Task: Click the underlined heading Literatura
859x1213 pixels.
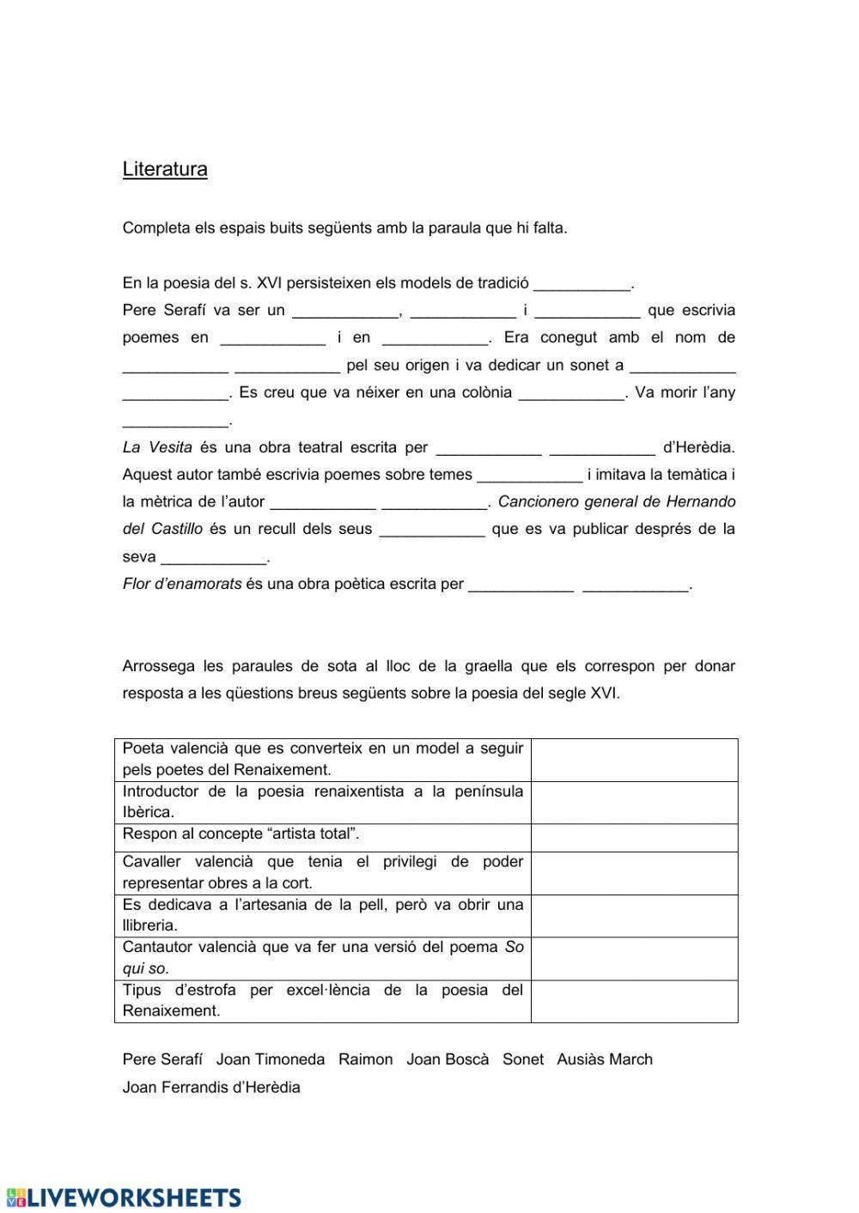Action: click(x=165, y=169)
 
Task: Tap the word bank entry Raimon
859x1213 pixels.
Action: click(x=365, y=1059)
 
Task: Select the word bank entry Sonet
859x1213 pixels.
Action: click(x=523, y=1059)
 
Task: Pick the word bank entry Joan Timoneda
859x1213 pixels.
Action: click(x=271, y=1059)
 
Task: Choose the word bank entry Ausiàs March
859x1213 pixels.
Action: click(x=605, y=1059)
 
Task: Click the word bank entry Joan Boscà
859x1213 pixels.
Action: click(x=448, y=1059)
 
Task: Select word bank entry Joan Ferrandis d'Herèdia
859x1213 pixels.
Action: click(x=211, y=1088)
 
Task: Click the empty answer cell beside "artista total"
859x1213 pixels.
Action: click(x=634, y=838)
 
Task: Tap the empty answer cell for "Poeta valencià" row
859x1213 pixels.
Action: click(x=634, y=760)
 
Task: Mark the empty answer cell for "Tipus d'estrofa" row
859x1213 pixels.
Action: click(x=634, y=1001)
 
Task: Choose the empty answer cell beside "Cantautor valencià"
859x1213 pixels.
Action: click(x=634, y=958)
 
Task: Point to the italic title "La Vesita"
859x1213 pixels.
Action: click(x=157, y=447)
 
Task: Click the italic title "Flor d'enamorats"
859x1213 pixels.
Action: click(x=182, y=585)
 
